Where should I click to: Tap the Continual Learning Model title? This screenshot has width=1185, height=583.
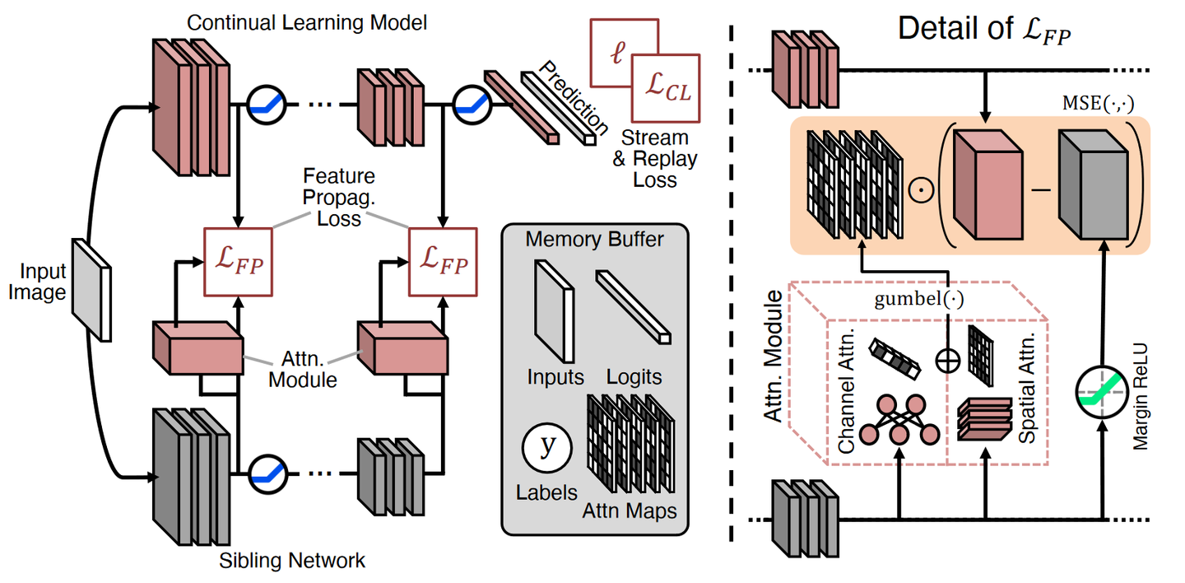point(307,22)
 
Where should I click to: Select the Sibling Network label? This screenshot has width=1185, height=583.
point(292,562)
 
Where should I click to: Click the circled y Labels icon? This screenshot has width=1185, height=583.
point(546,447)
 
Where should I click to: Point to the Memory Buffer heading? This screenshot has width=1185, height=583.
point(595,240)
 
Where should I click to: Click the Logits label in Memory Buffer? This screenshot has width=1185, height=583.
point(634,376)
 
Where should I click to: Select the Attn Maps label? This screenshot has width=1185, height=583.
point(630,511)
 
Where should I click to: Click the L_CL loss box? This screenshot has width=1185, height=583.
point(665,92)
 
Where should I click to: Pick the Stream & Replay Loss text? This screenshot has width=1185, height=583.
point(654,158)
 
